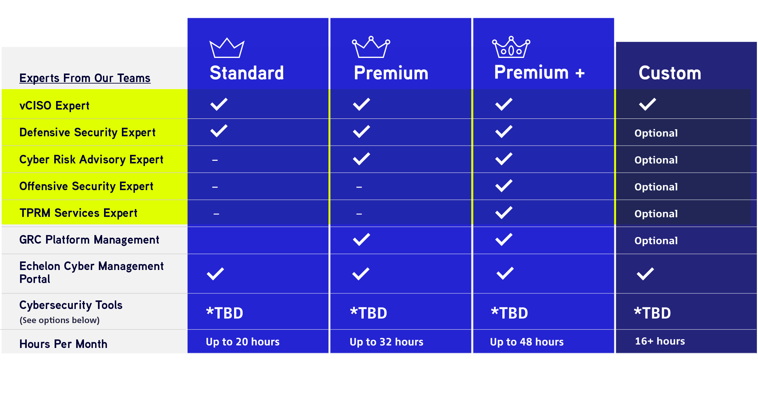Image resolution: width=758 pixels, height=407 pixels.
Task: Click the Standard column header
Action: (247, 73)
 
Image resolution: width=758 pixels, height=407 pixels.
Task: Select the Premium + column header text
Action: (539, 72)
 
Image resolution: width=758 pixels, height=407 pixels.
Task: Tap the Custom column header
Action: (670, 73)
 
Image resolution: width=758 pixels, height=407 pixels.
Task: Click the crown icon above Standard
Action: (227, 48)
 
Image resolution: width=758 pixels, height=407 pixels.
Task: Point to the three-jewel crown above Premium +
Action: (511, 47)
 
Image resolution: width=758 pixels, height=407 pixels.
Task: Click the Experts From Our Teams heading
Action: (85, 78)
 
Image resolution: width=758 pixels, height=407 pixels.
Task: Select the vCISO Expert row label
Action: (54, 105)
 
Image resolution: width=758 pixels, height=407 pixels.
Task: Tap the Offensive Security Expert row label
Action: (86, 186)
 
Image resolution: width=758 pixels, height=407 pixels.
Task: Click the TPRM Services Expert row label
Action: (78, 213)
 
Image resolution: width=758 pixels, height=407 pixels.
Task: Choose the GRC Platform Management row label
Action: (89, 240)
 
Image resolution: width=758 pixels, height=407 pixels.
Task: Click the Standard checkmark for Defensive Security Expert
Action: (219, 131)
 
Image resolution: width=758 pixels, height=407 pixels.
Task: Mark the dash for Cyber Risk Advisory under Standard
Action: (215, 160)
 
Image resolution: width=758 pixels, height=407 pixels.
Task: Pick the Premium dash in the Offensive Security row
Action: (359, 187)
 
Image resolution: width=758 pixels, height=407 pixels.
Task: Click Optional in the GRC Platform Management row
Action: (656, 241)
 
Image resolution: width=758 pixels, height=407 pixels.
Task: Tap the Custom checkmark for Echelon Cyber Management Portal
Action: (645, 274)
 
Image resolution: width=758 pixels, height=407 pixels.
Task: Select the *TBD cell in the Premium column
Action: (369, 313)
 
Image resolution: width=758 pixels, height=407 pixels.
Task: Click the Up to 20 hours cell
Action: (243, 342)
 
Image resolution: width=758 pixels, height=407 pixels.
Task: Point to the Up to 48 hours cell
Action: (527, 342)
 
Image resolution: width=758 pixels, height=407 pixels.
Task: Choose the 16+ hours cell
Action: (660, 341)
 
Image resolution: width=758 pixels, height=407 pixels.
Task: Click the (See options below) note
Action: (59, 320)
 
